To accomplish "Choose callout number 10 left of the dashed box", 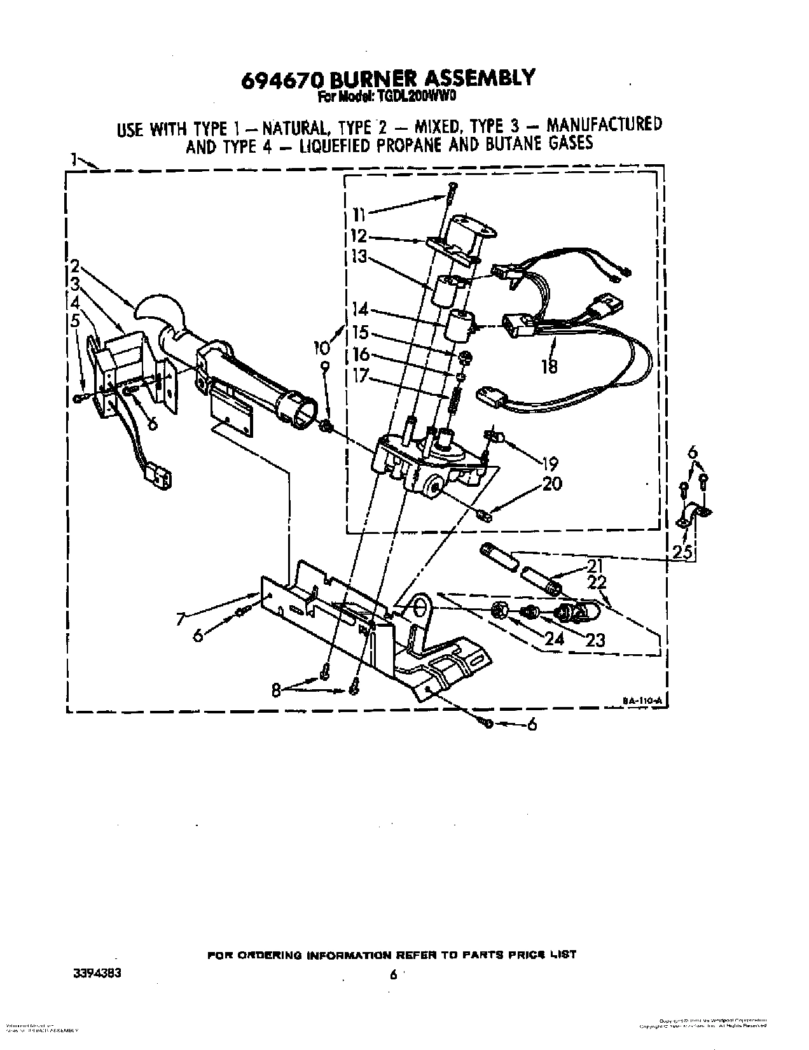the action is click(322, 347).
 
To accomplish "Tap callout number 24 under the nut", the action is click(555, 638).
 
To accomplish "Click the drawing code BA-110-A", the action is click(642, 701).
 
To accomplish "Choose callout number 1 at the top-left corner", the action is click(74, 158).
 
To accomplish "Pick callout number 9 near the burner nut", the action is click(325, 367).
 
